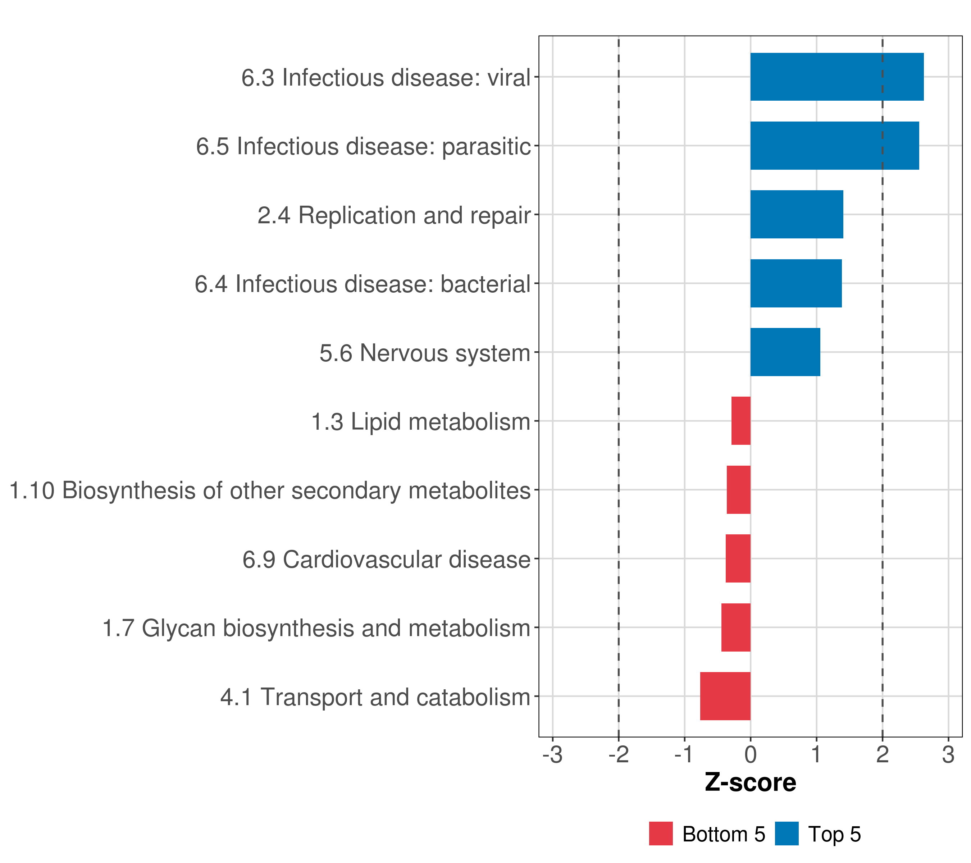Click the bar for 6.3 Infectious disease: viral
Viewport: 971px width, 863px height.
pyautogui.click(x=836, y=77)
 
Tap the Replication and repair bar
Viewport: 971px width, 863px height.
pyautogui.click(x=797, y=214)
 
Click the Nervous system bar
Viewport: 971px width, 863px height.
pyautogui.click(x=785, y=352)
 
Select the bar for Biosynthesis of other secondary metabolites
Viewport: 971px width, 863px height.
pyautogui.click(x=738, y=490)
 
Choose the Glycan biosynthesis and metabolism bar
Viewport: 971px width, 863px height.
pyautogui.click(x=736, y=627)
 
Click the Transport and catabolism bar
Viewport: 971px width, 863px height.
pyautogui.click(x=725, y=696)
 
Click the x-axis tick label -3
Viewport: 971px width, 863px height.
pyautogui.click(x=552, y=755)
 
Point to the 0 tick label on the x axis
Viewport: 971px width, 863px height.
pyautogui.click(x=751, y=755)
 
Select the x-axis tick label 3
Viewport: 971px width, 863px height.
pyautogui.click(x=948, y=755)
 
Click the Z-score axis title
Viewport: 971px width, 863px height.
pyautogui.click(x=750, y=783)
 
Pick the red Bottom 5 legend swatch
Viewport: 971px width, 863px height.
pyautogui.click(x=661, y=834)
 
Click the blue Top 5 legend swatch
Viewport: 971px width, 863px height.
pyautogui.click(x=787, y=834)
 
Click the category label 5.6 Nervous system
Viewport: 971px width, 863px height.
pyautogui.click(x=425, y=353)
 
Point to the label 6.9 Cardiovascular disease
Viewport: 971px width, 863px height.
pyautogui.click(x=386, y=560)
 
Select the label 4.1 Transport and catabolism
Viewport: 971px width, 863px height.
pyautogui.click(x=375, y=697)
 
